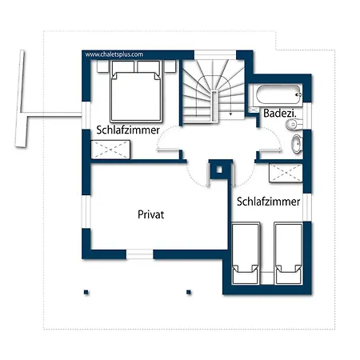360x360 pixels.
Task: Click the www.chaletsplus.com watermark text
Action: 114,54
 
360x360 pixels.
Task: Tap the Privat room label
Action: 151,214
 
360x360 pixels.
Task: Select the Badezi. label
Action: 280,114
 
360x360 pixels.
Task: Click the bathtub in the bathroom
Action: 278,94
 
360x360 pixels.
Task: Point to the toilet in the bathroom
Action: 294,124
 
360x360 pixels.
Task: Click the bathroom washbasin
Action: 297,144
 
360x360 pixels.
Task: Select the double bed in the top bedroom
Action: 136,91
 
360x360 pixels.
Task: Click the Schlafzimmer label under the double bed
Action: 128,130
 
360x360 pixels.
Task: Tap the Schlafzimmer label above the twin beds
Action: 269,202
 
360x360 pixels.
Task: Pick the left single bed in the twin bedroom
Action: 246,254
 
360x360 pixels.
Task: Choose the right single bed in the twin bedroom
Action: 289,254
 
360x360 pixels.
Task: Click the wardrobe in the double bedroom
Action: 110,150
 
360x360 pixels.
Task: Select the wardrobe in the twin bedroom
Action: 286,173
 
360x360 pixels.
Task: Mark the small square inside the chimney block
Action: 219,170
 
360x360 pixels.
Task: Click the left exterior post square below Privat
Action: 86,292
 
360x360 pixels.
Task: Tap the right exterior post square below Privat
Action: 189,292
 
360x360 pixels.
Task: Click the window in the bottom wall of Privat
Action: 140,254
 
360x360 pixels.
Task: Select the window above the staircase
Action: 215,54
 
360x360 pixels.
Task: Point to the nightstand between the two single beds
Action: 267,278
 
